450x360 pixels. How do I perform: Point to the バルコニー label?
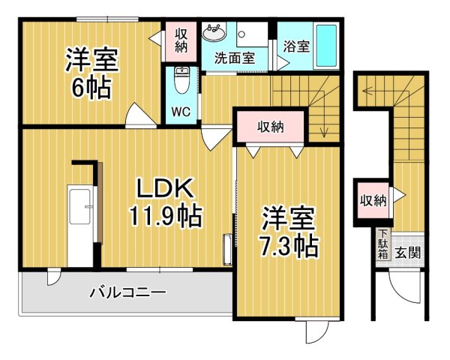click(127, 292)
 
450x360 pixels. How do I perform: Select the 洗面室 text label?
click(234, 58)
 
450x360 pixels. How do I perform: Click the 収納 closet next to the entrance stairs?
click(372, 200)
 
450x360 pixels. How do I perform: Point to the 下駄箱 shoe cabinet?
click(382, 244)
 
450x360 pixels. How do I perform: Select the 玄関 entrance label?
click(408, 253)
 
